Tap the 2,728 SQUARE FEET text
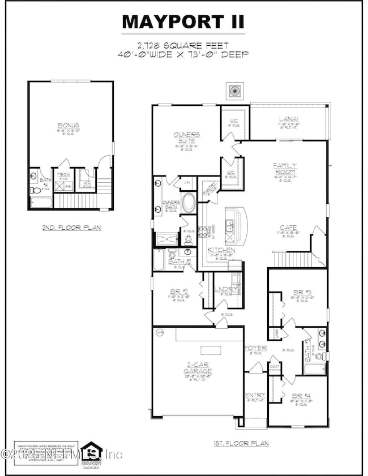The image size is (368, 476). (183, 44)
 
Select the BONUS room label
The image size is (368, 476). (67, 125)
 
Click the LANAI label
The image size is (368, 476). (289, 119)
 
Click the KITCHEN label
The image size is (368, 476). (217, 250)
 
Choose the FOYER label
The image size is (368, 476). (251, 348)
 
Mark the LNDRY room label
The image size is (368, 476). (225, 289)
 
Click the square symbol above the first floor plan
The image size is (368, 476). (233, 89)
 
